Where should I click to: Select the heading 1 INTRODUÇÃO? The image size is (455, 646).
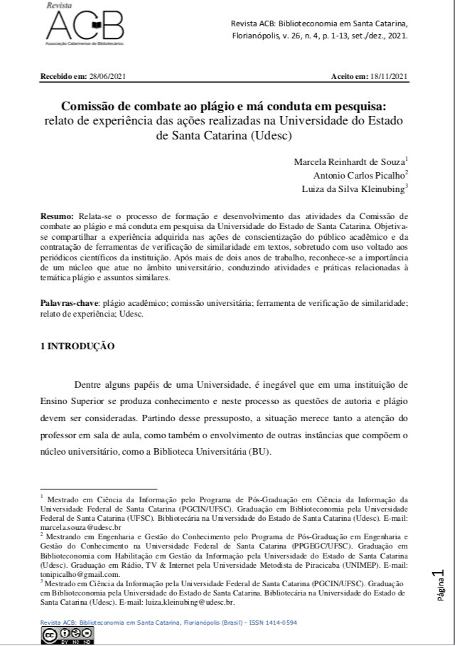click(77, 346)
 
